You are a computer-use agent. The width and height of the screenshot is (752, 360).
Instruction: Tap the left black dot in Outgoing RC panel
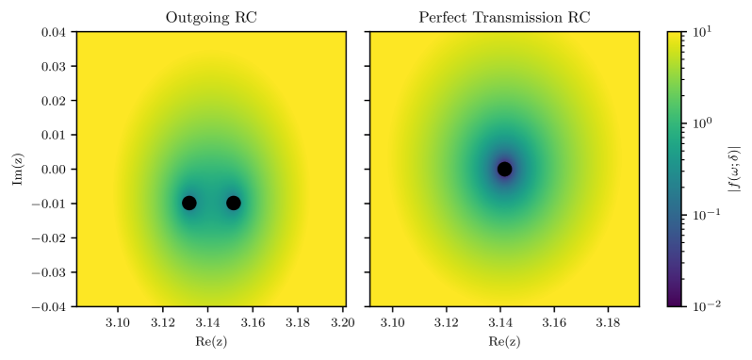coord(188,203)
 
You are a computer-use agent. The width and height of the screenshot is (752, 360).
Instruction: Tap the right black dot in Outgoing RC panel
coord(234,203)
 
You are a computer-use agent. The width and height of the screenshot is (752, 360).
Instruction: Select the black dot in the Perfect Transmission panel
coord(505,169)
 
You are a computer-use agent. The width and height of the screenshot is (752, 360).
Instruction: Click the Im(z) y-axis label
coord(17,169)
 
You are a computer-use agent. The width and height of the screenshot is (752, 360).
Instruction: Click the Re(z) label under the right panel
coord(504,342)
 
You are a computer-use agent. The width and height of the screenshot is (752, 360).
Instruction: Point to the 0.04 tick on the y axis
coord(54,31)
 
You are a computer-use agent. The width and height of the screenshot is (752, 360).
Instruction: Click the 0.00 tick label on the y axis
coord(54,169)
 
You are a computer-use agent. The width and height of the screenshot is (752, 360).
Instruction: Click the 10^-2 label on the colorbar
coord(705,306)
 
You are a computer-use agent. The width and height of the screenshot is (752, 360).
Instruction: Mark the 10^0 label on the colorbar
coord(701,123)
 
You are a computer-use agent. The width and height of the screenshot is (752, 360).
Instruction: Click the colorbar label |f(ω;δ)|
coord(734,169)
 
